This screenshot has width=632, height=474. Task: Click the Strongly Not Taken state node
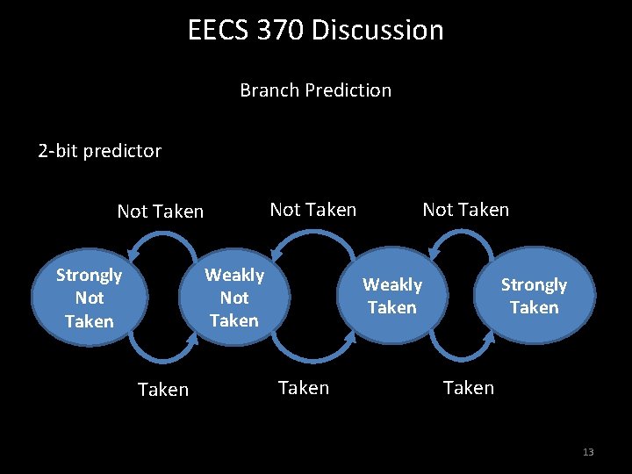coord(89,298)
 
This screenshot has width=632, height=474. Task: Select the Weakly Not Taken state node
coord(233,298)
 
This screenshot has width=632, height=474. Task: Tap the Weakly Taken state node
coord(392,296)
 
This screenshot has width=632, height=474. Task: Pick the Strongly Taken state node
coord(534,296)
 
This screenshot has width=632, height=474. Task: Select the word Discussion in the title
coord(377,30)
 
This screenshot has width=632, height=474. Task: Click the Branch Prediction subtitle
coord(315,90)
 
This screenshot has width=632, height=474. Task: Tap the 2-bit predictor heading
coord(99,151)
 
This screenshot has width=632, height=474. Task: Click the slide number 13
coord(587,452)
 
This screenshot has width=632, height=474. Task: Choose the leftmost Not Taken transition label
coord(160,212)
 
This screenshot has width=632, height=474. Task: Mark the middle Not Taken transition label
coord(312,210)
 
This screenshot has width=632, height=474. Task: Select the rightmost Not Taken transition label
coord(465,210)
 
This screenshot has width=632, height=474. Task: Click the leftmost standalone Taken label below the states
coord(163,389)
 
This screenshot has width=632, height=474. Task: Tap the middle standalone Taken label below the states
coord(303,387)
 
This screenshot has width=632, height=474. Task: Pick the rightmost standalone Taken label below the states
coord(468,387)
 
